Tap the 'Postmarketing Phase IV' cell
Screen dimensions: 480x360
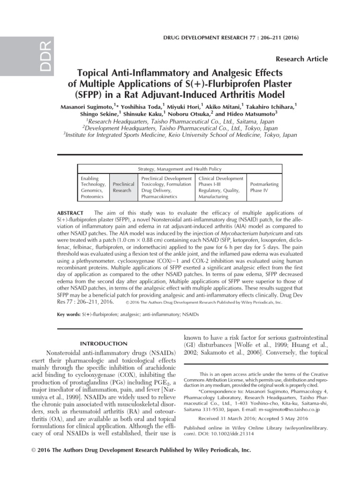pos(265,187)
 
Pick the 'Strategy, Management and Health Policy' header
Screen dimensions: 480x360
pos(180,169)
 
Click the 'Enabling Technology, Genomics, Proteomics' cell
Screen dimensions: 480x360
pos(93,187)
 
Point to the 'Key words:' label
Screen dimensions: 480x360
pos(68,314)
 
